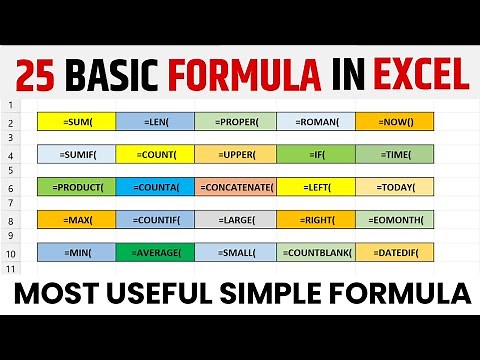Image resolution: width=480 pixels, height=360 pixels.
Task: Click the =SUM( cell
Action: pos(77,122)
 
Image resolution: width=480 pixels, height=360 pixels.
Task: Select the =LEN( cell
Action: pos(155,122)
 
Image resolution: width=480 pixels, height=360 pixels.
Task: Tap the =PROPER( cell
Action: pos(235,122)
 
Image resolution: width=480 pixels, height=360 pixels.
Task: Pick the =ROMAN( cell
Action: pos(316,122)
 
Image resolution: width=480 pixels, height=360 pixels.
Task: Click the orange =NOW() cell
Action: pos(394,122)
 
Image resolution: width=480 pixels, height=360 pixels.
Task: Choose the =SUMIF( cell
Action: pos(77,154)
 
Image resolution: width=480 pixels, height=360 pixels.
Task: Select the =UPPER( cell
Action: pos(235,154)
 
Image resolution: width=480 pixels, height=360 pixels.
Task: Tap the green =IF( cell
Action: pos(316,154)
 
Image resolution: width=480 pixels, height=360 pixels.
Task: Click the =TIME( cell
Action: pos(394,154)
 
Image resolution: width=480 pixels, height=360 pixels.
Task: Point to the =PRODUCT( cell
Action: pos(77,187)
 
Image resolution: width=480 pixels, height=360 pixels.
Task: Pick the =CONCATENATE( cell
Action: pos(235,187)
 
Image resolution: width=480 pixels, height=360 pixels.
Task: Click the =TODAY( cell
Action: pos(394,187)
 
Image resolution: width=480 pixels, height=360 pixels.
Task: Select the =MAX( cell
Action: pos(77,219)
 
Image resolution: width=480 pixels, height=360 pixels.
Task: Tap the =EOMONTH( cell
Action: pos(394,219)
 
